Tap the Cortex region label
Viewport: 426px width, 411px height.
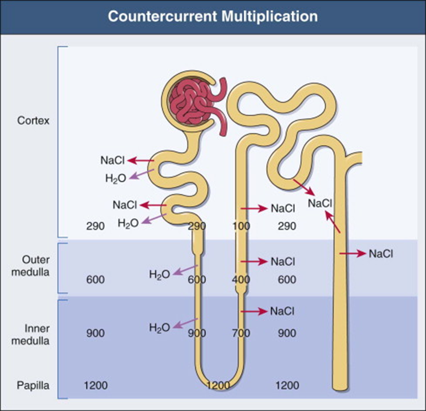point(33,121)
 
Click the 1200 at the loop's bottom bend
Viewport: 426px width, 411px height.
point(219,384)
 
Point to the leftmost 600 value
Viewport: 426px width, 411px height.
point(95,280)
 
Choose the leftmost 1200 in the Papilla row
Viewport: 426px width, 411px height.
point(95,384)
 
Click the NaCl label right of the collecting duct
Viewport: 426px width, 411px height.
point(381,254)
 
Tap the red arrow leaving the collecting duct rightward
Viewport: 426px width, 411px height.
point(352,254)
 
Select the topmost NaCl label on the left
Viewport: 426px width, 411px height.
point(112,160)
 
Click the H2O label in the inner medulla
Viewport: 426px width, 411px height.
point(159,327)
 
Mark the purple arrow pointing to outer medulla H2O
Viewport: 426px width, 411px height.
point(185,269)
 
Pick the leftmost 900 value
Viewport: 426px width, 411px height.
point(95,333)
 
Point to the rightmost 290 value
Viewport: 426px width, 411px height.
point(287,226)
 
